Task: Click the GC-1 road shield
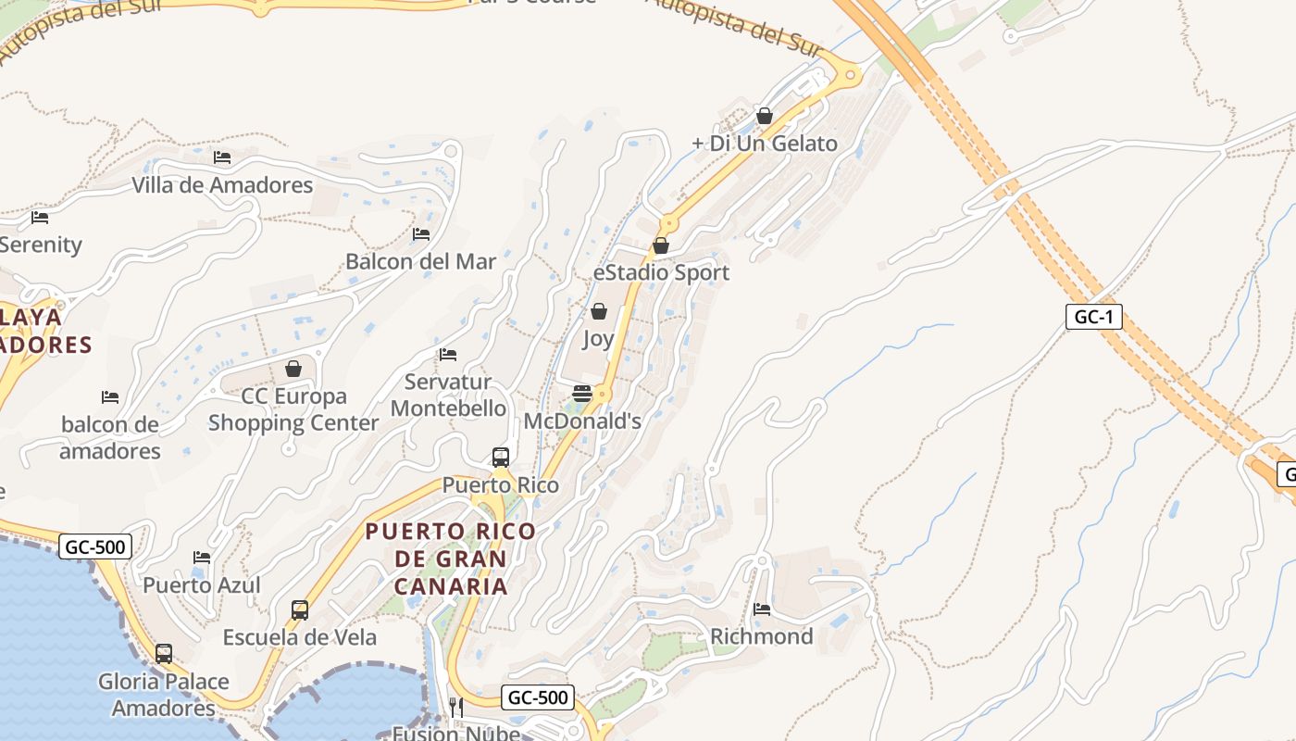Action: (x=1093, y=317)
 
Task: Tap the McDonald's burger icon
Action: (x=582, y=394)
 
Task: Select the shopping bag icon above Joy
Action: (x=599, y=311)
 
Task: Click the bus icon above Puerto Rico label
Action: (x=501, y=457)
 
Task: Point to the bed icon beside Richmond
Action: (x=762, y=609)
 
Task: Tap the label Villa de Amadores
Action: (x=222, y=185)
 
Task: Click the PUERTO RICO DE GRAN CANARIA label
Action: (x=451, y=559)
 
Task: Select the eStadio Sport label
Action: (x=661, y=272)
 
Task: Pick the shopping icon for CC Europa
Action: (x=293, y=369)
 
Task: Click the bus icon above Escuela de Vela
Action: (x=300, y=609)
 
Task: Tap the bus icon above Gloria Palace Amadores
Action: (x=164, y=654)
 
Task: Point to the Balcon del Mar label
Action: (x=420, y=261)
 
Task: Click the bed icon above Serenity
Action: (x=40, y=218)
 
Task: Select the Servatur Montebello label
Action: (x=449, y=395)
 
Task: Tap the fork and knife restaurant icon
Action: (x=455, y=707)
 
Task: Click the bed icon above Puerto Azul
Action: (x=202, y=557)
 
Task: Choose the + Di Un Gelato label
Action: (x=765, y=144)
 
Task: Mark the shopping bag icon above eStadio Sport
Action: (x=661, y=245)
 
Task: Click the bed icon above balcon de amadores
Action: (x=110, y=397)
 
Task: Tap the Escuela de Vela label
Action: (x=300, y=637)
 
